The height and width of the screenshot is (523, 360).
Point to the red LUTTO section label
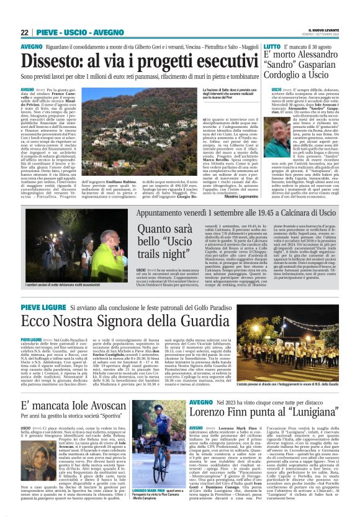click(x=272, y=47)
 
